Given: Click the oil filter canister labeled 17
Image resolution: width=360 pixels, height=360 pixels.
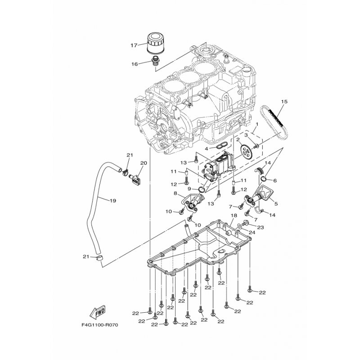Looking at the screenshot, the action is click(155, 44).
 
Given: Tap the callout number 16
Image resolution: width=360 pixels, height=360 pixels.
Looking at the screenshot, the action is click(135, 64).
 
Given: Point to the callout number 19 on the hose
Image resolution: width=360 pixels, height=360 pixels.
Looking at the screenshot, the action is click(112, 201).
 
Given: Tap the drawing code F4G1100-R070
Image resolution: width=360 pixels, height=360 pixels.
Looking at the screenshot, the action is click(100, 325).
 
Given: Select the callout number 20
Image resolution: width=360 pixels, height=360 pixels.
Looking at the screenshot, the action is click(144, 163).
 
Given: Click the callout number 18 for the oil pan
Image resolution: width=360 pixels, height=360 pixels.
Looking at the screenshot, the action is click(234, 216).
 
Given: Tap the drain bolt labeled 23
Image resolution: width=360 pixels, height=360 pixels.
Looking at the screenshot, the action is click(245, 222).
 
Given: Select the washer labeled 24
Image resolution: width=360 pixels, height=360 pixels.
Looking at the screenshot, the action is click(239, 226).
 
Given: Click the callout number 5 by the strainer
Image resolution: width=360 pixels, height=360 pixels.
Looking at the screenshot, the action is click(276, 203).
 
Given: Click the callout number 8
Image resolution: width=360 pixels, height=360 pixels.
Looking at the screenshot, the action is click(175, 193).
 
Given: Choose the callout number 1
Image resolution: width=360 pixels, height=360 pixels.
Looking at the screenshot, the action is click(257, 124).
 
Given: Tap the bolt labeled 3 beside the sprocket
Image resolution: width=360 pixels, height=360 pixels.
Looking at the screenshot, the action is click(256, 145).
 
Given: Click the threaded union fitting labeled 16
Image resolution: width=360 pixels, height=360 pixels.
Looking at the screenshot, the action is click(156, 61).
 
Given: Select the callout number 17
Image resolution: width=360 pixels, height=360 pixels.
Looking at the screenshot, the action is click(134, 45).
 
